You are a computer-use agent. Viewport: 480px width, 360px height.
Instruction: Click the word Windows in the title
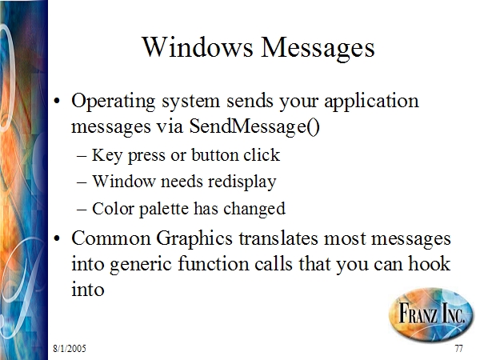click(x=198, y=47)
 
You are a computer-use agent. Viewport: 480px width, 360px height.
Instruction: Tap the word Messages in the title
click(x=318, y=48)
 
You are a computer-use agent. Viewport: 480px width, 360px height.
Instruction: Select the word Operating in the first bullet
click(x=114, y=102)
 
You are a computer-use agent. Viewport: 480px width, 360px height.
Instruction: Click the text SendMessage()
click(x=254, y=126)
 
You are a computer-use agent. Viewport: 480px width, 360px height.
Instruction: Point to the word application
click(x=371, y=102)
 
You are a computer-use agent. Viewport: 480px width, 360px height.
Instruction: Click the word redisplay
click(x=242, y=182)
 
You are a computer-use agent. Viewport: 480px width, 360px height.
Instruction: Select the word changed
click(x=254, y=210)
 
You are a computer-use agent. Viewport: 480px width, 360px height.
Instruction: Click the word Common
click(x=111, y=238)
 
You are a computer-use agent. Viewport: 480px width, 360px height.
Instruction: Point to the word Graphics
click(x=194, y=239)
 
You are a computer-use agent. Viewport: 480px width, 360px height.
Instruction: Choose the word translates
click(x=278, y=238)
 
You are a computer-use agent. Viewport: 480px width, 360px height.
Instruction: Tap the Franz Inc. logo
click(x=431, y=314)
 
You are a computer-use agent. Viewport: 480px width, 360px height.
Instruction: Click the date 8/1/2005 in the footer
click(x=70, y=348)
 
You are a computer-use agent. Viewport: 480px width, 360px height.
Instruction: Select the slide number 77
click(x=458, y=348)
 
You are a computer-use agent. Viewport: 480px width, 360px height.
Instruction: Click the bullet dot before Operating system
click(x=56, y=101)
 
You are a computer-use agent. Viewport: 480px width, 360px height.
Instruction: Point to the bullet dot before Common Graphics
click(x=56, y=238)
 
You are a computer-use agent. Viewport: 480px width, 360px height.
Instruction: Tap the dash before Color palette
click(x=82, y=210)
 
